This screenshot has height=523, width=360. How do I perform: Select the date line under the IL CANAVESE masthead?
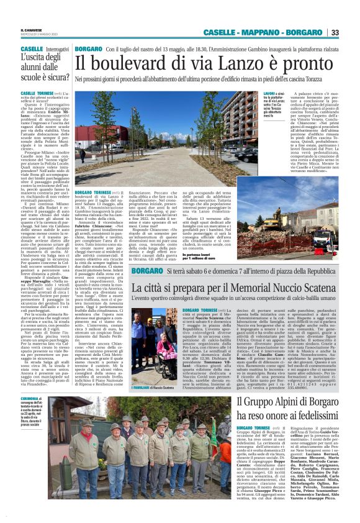tap(34, 34)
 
